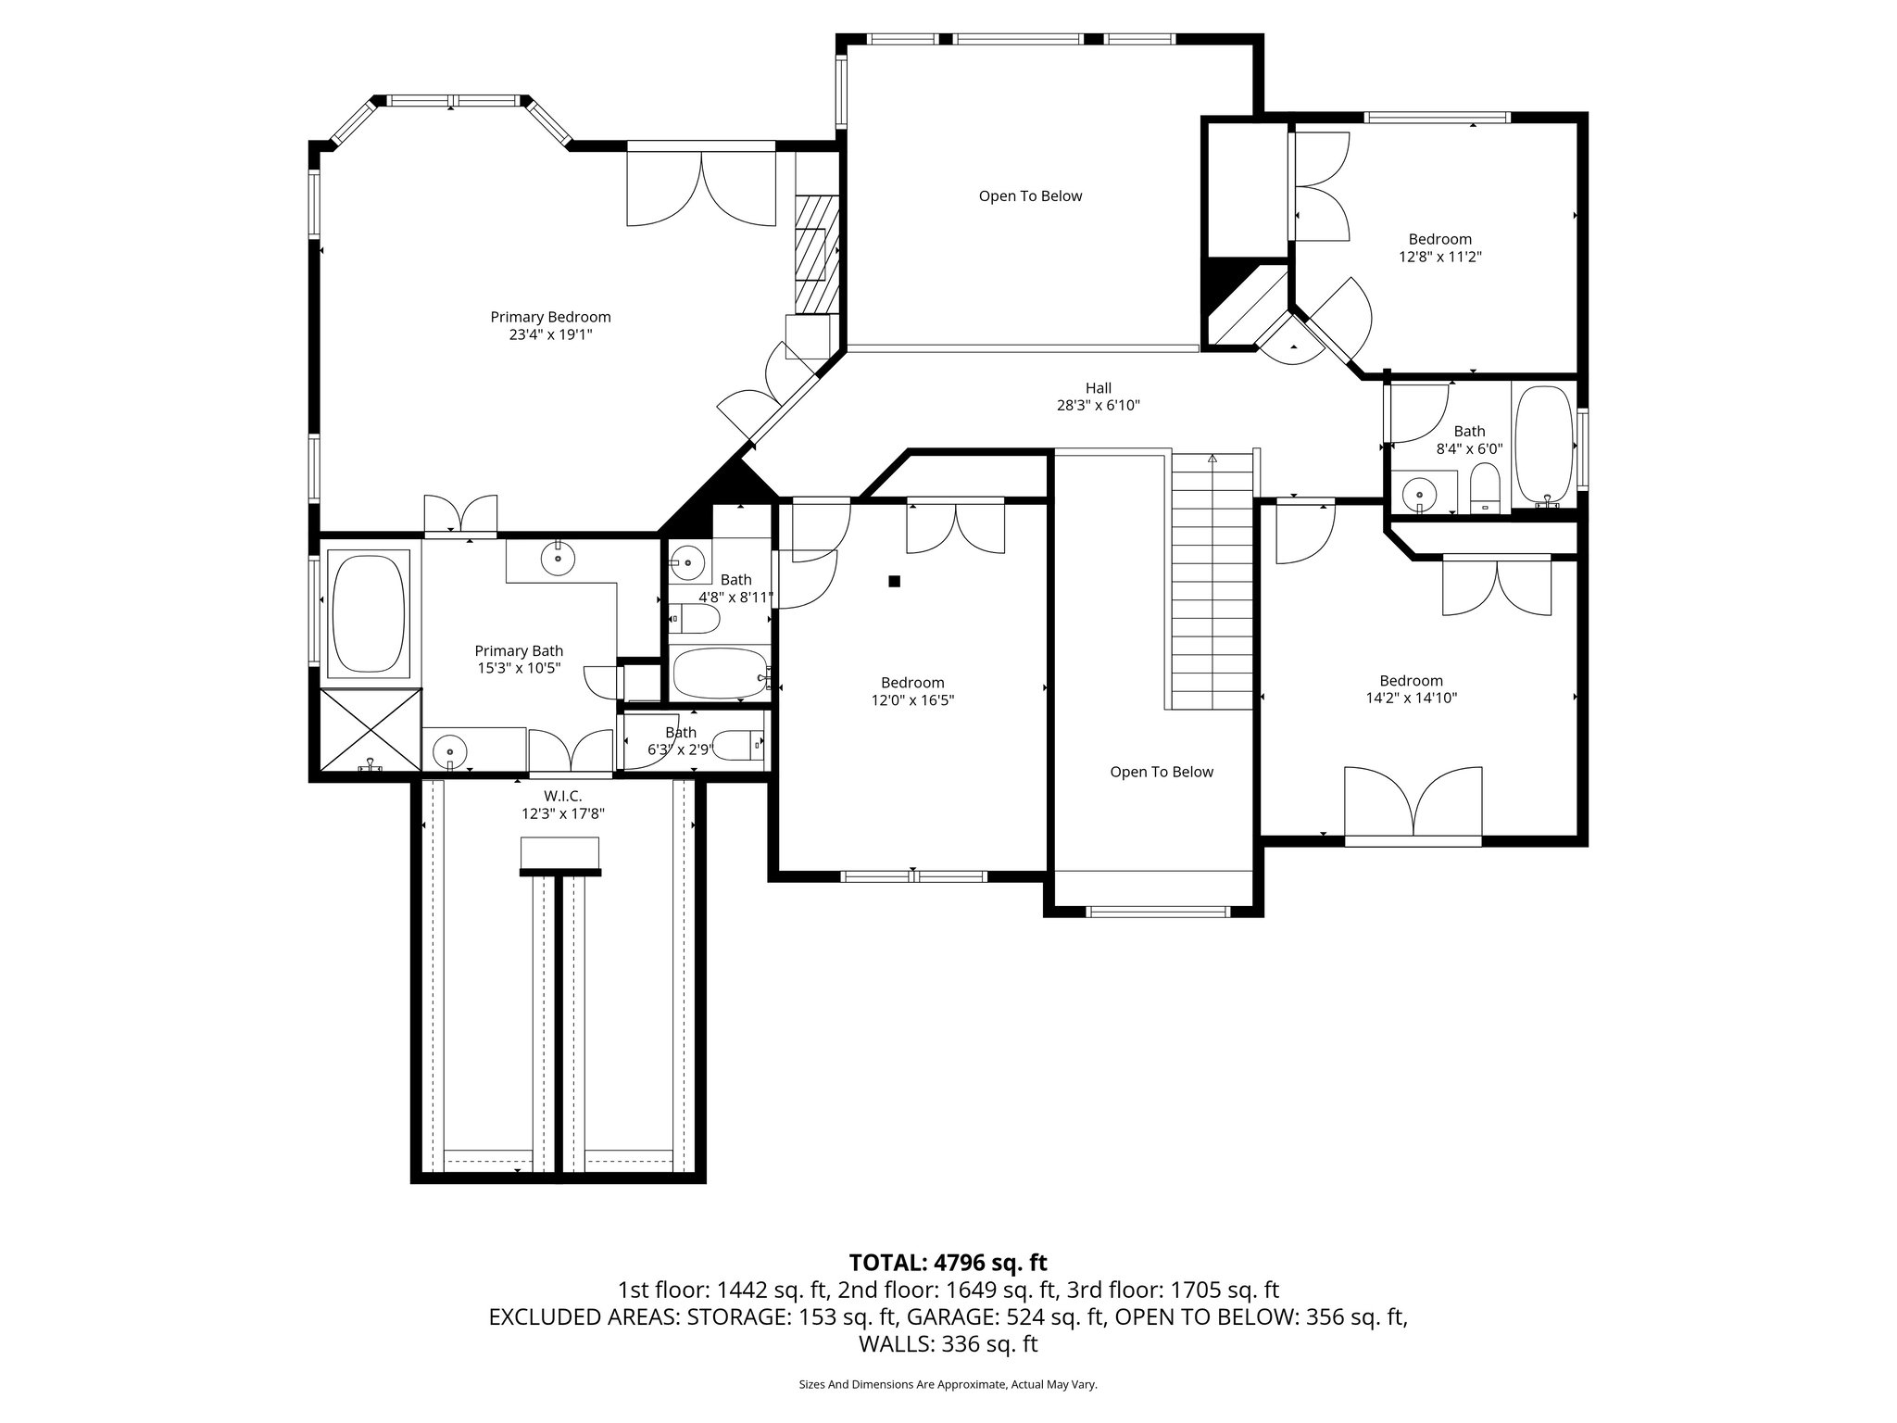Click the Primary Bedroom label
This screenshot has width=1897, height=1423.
tap(550, 317)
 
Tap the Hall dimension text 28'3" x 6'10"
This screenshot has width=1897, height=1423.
tap(1098, 405)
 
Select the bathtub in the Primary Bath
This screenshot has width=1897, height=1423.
tap(369, 613)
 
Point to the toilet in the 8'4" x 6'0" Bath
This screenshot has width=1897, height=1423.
tap(1484, 488)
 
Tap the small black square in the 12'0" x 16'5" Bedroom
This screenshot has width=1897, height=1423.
tap(894, 581)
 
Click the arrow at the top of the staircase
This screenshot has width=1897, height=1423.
tap(1212, 458)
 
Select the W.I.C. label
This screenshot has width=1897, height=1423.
tap(562, 796)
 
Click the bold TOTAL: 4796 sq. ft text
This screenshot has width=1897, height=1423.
tap(948, 1262)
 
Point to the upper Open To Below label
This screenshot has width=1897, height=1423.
tap(1030, 196)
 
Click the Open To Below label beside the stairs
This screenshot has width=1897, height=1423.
tap(1161, 772)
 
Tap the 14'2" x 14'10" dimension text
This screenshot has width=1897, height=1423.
tap(1411, 698)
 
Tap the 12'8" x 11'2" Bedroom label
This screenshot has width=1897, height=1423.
tap(1439, 239)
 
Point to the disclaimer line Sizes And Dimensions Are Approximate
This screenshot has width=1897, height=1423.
tap(948, 1384)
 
